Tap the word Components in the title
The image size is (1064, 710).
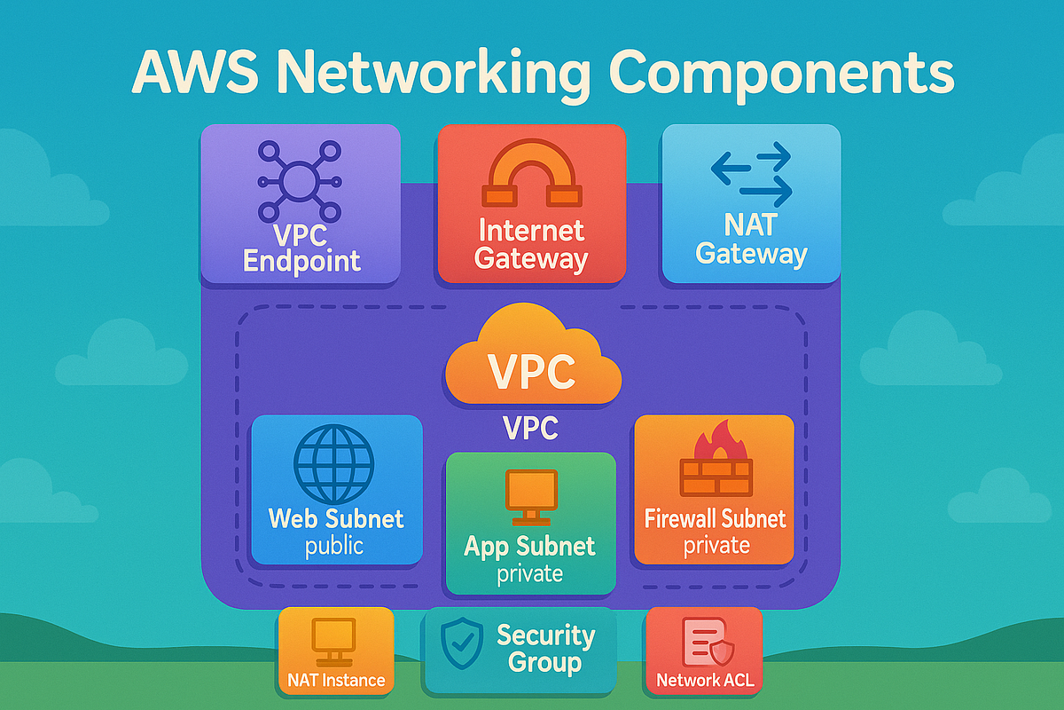[x=773, y=73]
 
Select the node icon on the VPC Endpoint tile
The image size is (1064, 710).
[x=300, y=181]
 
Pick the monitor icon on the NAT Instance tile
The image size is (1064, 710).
[x=335, y=642]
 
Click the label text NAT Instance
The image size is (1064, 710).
[x=336, y=681]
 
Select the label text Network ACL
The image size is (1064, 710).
[x=705, y=681]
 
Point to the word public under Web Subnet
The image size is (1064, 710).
[x=334, y=545]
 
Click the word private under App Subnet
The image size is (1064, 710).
[x=529, y=573]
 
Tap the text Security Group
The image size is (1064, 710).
[x=544, y=649]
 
